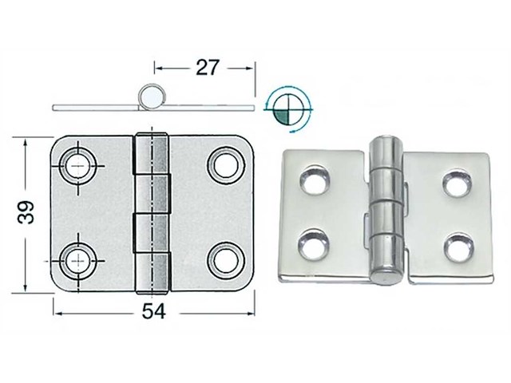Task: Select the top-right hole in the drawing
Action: pos(224,164)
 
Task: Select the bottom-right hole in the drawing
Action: pos(224,258)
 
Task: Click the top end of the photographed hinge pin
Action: pos(386,144)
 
